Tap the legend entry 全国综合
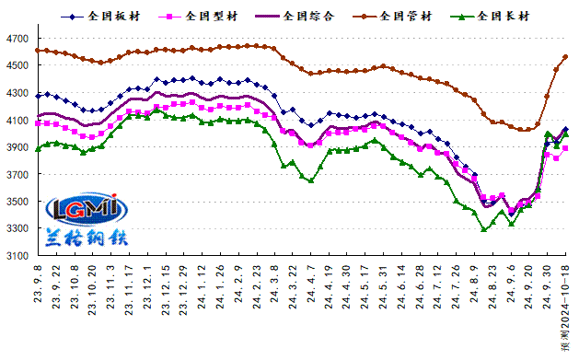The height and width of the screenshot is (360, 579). (304, 17)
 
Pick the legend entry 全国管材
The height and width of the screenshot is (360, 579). (401, 17)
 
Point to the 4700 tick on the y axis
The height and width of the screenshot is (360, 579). (17, 38)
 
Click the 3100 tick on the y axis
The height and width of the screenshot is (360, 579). (17, 256)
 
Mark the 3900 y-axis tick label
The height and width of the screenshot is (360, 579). (17, 147)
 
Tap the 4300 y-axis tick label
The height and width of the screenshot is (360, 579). (17, 93)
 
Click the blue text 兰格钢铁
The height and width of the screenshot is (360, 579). (87, 238)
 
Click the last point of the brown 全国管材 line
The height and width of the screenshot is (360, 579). (564, 57)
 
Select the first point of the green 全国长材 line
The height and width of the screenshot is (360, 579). (39, 148)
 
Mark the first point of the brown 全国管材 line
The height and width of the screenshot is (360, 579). (39, 51)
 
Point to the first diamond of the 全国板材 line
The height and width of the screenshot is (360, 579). (39, 96)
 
